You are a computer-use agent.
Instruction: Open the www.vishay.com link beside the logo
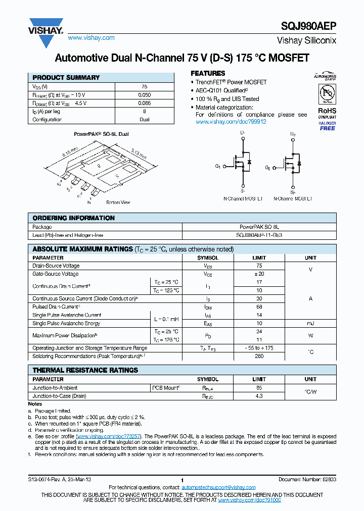(91, 38)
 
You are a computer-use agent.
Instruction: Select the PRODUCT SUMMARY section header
(66, 78)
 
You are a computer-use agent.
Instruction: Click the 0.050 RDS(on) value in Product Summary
(144, 95)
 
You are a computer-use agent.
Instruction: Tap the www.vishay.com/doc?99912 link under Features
(231, 122)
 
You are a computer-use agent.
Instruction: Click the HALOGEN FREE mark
(327, 126)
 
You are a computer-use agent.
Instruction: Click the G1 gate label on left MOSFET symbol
(218, 166)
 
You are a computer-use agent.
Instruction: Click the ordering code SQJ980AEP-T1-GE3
(259, 235)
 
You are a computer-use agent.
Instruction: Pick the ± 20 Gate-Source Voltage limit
(259, 274)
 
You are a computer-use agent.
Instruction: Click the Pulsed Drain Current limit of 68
(259, 307)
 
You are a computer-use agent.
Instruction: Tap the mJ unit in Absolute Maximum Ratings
(310, 323)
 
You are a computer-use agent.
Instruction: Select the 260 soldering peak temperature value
(259, 356)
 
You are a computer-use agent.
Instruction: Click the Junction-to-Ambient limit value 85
(259, 388)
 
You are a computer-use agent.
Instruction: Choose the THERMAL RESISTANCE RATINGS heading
(85, 370)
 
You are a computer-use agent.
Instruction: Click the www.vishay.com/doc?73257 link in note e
(109, 436)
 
